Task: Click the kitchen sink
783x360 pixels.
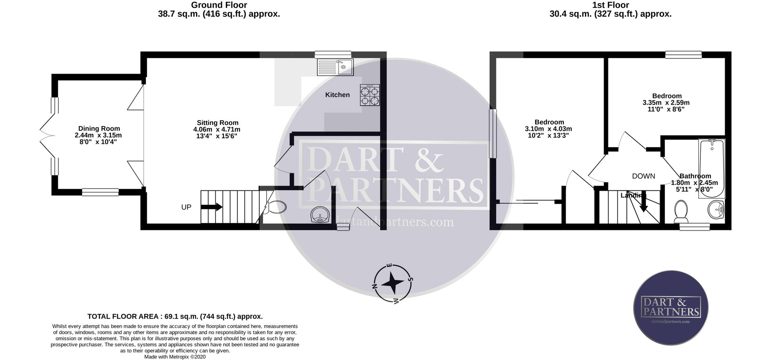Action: [x=336, y=67]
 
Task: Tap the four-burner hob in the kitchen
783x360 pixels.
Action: [x=370, y=95]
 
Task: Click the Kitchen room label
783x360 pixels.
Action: [x=337, y=95]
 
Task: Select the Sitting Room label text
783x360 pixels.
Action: [x=218, y=123]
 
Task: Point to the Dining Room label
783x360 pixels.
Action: [x=99, y=128]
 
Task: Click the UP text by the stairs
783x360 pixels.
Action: [x=186, y=207]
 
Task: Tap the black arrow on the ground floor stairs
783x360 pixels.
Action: [x=213, y=207]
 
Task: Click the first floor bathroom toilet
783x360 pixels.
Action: [x=681, y=212]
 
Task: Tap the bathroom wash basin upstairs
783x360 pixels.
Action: [x=716, y=210]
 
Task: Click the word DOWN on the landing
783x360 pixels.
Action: [x=644, y=176]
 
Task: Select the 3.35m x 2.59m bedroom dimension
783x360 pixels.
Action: [x=666, y=103]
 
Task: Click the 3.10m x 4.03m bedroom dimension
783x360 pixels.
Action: [x=548, y=129]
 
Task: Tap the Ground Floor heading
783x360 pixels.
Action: [x=219, y=5]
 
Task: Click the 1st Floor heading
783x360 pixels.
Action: [x=611, y=5]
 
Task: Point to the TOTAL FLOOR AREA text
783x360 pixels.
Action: [x=175, y=317]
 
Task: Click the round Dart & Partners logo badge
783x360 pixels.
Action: [x=671, y=308]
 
